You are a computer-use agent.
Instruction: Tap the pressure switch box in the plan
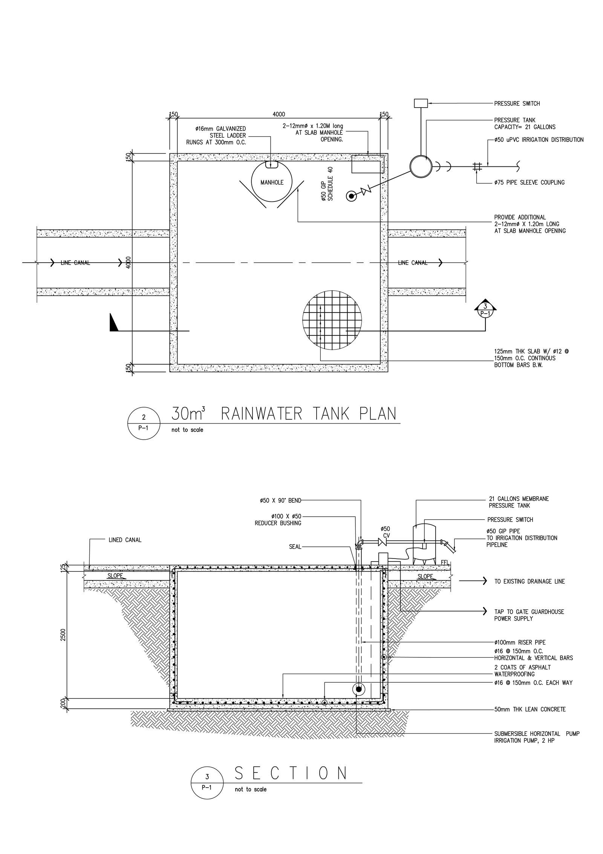[421, 103]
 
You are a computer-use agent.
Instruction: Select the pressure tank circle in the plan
[421, 166]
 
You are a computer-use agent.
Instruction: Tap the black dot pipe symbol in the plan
[351, 196]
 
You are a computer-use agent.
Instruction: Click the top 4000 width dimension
[279, 114]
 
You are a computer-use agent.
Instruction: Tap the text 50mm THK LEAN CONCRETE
[530, 709]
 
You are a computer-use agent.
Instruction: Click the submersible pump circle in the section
[358, 689]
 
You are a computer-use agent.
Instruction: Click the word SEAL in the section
[295, 546]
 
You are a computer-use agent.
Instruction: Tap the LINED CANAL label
[125, 540]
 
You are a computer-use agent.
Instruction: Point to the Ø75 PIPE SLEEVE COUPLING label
[529, 183]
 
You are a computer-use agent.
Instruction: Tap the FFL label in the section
[445, 562]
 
